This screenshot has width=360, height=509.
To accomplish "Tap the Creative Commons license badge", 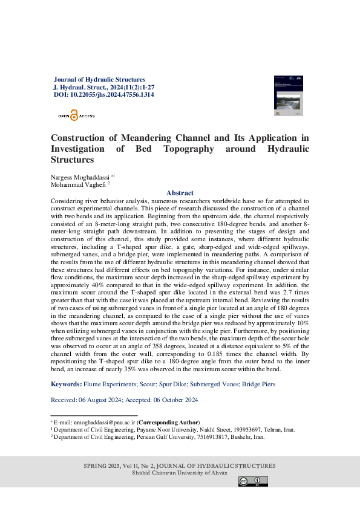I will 253,481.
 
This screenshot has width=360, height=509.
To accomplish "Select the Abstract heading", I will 180,193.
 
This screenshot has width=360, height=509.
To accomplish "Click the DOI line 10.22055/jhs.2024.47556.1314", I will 103,95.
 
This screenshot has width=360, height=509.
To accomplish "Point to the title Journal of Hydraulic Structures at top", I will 100,79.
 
